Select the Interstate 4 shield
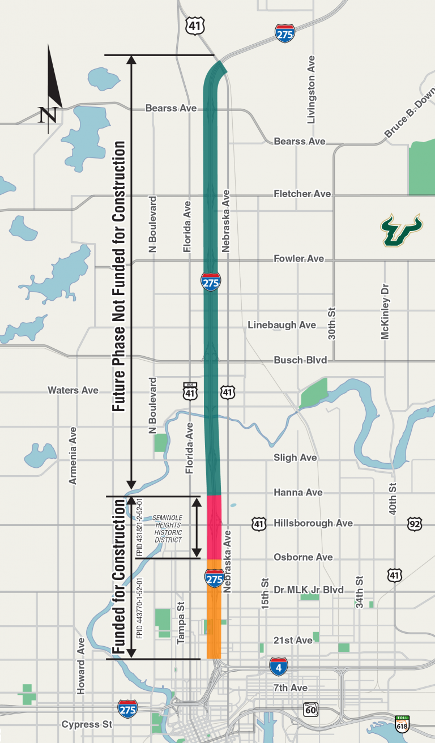(278, 667)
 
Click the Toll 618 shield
(402, 724)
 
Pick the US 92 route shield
(415, 524)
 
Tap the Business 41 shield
(190, 391)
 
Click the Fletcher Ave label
(302, 194)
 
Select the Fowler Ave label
(299, 258)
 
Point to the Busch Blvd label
(300, 360)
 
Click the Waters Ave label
(73, 390)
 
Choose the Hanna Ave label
(298, 492)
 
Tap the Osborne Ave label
(303, 557)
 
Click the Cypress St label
(87, 724)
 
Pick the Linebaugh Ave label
(282, 325)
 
